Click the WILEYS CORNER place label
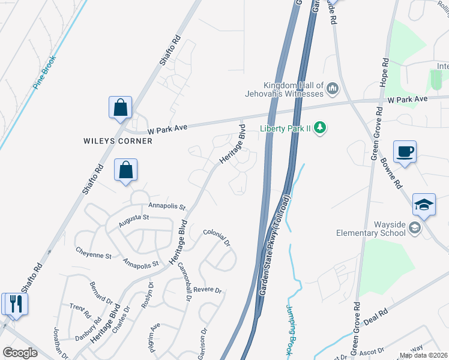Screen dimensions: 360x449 pyautogui.click(x=118, y=141)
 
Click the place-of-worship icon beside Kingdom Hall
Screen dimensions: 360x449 pyautogui.click(x=333, y=91)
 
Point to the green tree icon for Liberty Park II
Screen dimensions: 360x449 pyautogui.click(x=321, y=127)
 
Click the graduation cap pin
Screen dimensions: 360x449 pyautogui.click(x=424, y=205)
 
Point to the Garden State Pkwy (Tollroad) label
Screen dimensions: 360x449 pyautogui.click(x=275, y=245)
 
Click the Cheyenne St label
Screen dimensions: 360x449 pyautogui.click(x=93, y=256)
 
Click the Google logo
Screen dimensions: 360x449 pyautogui.click(x=20, y=352)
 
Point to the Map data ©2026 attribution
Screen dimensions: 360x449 pyautogui.click(x=423, y=355)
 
